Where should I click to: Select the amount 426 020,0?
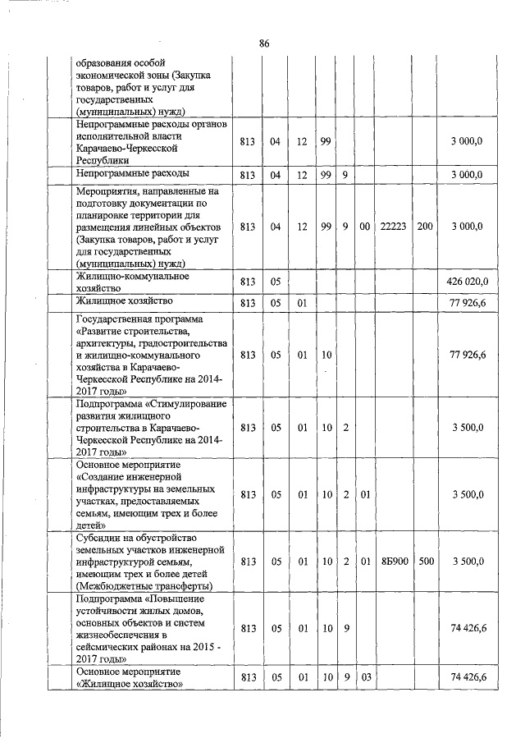point(467,282)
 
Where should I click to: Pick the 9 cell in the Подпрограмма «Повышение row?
point(347,628)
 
